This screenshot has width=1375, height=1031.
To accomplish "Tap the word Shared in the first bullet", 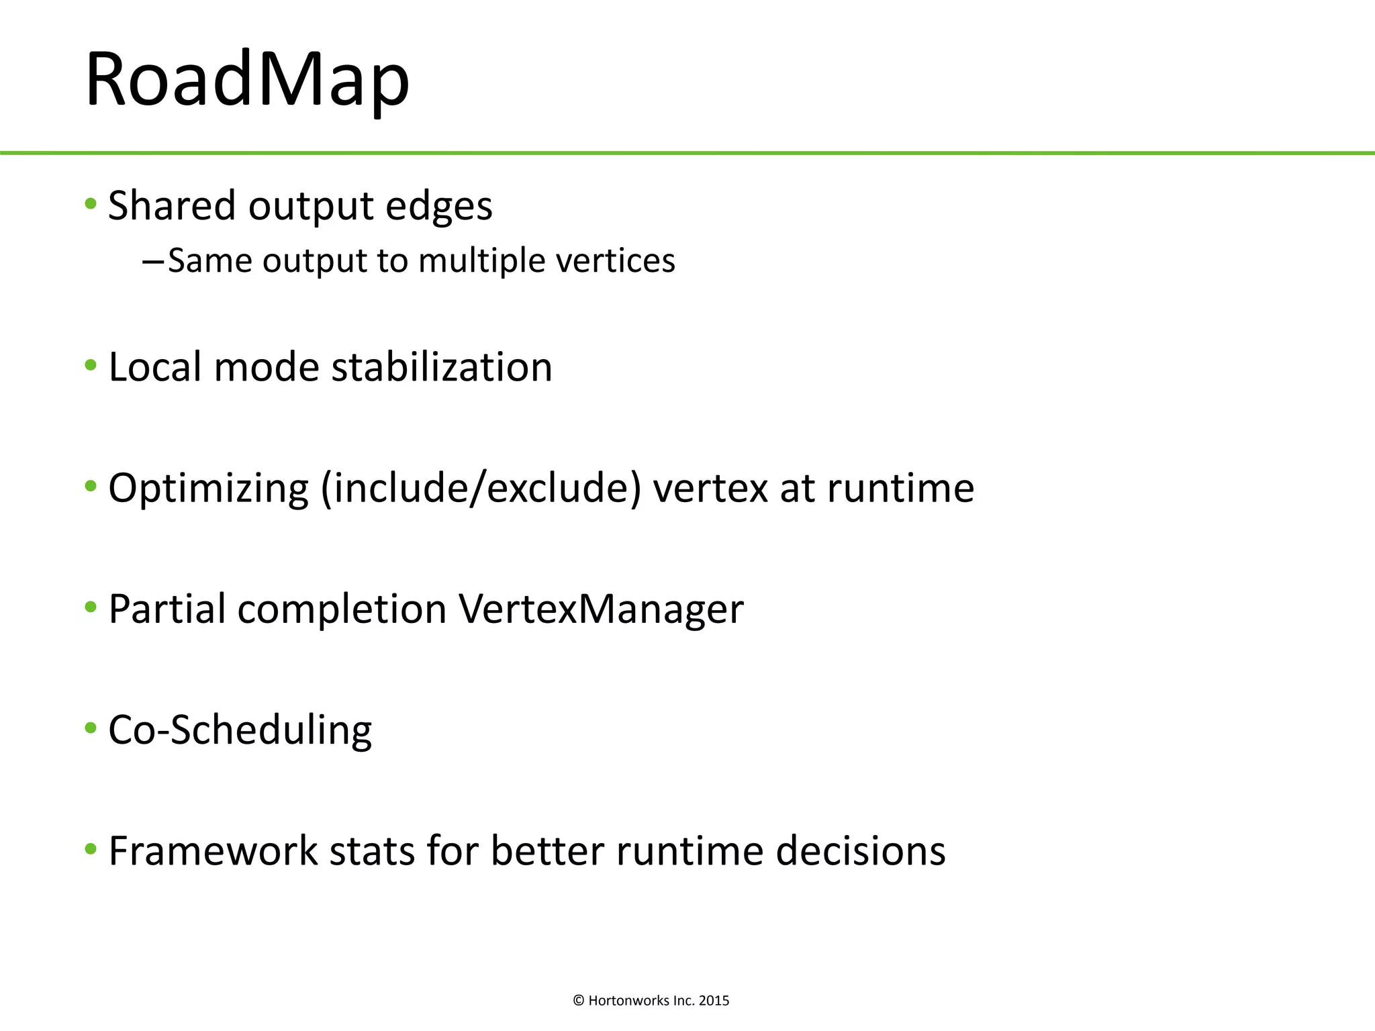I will pyautogui.click(x=172, y=205).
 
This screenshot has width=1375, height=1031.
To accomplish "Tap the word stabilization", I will pyautogui.click(x=442, y=367).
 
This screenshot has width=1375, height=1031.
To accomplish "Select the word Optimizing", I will pyautogui.click(x=208, y=489).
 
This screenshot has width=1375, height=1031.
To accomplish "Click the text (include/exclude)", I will pyautogui.click(x=481, y=489).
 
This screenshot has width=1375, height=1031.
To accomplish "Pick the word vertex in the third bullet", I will pyautogui.click(x=710, y=489).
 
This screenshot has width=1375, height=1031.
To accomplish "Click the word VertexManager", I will pyautogui.click(x=601, y=609).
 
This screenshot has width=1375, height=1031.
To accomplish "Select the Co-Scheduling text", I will pyautogui.click(x=240, y=730).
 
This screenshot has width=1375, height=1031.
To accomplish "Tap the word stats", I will pyautogui.click(x=371, y=851).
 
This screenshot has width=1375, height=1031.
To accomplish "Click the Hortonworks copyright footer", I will pyautogui.click(x=651, y=1001).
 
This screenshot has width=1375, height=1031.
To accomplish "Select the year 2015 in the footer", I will pyautogui.click(x=714, y=1001).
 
